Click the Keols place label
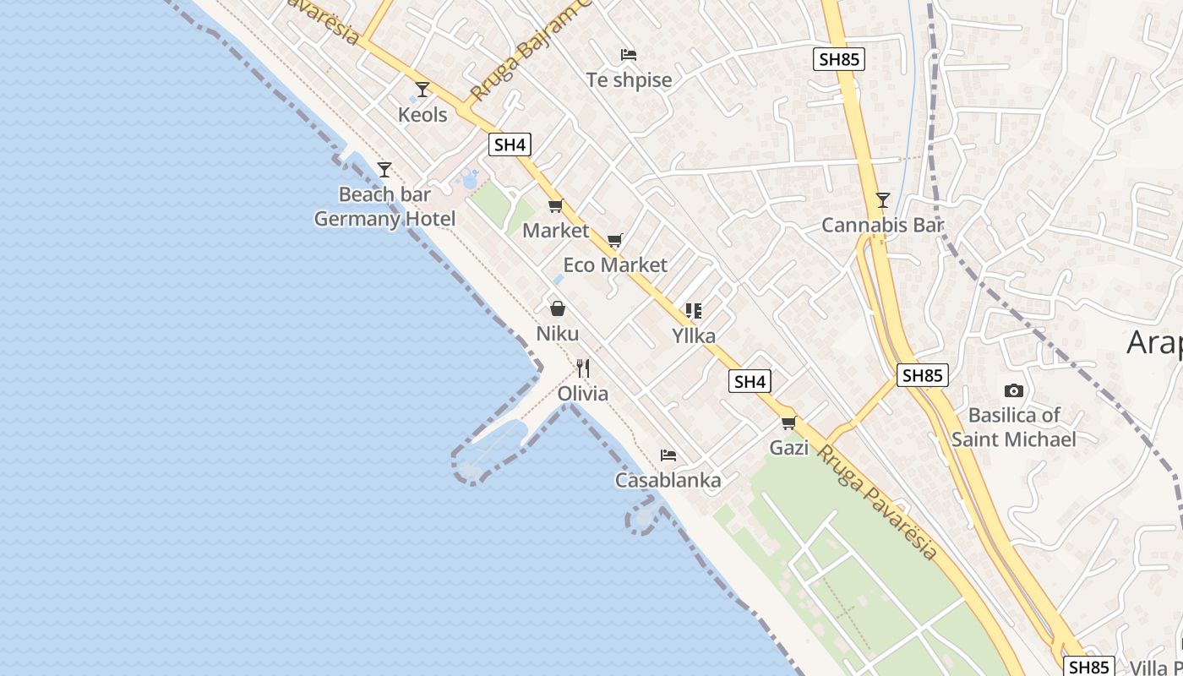coord(422,114)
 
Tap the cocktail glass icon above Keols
coord(422,89)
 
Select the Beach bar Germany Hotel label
coord(384,207)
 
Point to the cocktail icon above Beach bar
coord(384,170)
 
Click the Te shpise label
coord(629,80)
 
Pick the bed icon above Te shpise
coord(628,55)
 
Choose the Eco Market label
coord(615,264)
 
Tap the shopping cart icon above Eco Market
coord(615,241)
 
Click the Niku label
coord(558,334)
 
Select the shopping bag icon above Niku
coord(558,308)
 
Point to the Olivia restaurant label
coord(583,394)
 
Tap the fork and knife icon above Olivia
coord(583,368)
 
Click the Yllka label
coord(694,335)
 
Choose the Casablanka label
coord(668,481)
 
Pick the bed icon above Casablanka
coord(668,455)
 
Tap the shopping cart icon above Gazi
coord(788,422)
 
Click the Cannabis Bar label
coord(882,226)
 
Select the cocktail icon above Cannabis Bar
coord(883,200)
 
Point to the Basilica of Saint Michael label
coord(1014,427)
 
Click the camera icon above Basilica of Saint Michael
coord(1014,390)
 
